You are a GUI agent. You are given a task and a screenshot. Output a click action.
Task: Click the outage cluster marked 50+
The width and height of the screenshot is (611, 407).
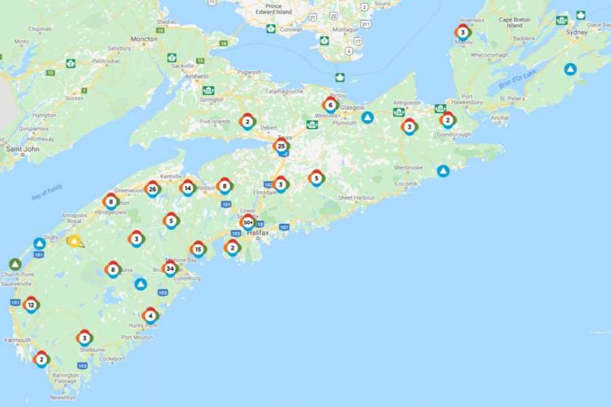(248, 222)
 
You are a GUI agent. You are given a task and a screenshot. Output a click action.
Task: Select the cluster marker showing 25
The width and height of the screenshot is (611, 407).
(281, 146)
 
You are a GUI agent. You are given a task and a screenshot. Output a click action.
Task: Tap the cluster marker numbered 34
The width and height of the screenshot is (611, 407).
(170, 268)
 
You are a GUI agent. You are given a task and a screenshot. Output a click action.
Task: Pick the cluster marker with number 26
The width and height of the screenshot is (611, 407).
(152, 189)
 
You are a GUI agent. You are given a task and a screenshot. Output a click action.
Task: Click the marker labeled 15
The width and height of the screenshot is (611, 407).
(198, 249)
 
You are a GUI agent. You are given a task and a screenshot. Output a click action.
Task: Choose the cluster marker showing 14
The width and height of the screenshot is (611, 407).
(187, 188)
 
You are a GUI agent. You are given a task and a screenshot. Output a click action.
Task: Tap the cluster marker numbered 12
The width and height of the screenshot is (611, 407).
(31, 305)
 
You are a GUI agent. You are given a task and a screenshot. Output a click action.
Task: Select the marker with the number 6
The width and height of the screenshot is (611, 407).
(331, 105)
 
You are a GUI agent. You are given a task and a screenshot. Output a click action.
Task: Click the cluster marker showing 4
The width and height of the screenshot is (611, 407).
(150, 315)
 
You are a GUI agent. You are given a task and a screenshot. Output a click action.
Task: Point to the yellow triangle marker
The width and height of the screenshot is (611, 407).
(74, 241)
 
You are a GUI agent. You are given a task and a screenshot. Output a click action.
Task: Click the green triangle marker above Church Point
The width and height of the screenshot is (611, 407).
(15, 264)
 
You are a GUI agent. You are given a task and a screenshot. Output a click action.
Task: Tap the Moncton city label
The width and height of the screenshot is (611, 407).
(144, 39)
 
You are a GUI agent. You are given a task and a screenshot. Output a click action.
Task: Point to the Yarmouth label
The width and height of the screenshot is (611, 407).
(17, 340)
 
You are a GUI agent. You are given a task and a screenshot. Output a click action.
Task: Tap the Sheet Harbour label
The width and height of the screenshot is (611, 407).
(356, 198)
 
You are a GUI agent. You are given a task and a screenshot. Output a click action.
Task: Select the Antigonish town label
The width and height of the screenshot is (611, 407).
(407, 103)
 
